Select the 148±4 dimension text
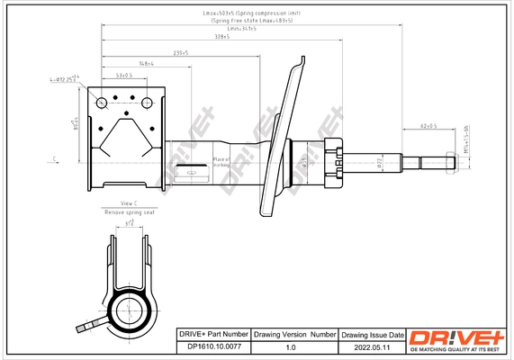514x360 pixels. [147, 64]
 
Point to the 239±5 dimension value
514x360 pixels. [181, 52]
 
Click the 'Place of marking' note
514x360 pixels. [221, 162]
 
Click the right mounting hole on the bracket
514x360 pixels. [144, 101]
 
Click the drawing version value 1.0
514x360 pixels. [291, 346]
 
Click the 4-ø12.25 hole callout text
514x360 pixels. [65, 80]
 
